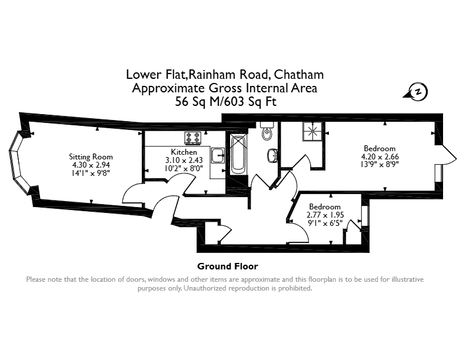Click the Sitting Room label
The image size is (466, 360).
pos(91,157)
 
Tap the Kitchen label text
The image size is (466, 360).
pos(184,152)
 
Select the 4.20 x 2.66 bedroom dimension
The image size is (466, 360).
pos(380,156)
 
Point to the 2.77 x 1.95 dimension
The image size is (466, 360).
pos(325,215)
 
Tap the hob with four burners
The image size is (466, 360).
pos(192,138)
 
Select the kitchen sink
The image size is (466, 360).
pos(218,155)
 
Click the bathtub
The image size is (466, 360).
pos(238,155)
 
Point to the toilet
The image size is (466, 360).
pos(267,131)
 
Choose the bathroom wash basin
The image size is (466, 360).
pos(272,156)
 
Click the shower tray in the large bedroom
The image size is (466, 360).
pos(312,131)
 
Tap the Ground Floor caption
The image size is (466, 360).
pos(228,266)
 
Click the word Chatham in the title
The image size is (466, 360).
pos(299,74)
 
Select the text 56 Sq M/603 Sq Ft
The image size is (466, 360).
pos(225,102)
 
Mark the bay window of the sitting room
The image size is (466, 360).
pos(19,163)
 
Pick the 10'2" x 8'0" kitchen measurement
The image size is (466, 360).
pos(184,168)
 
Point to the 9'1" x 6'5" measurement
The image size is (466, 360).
pos(325,223)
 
